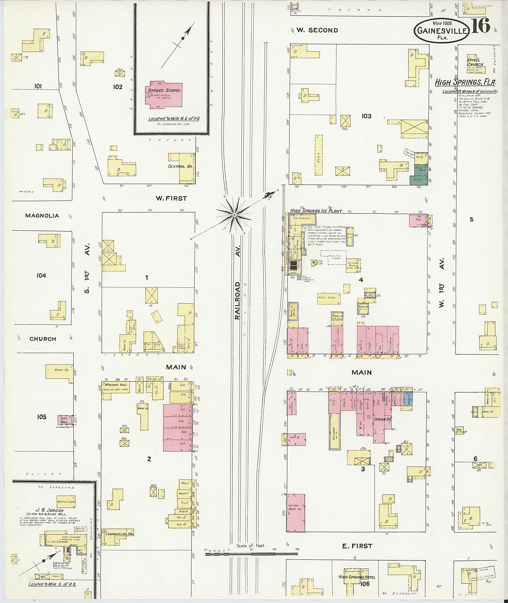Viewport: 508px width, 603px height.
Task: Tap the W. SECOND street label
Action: click(x=317, y=30)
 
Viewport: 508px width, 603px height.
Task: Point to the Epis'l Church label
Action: click(x=475, y=63)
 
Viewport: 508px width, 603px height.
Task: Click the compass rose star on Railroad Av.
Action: click(x=234, y=215)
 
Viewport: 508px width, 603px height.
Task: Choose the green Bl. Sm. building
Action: click(x=418, y=179)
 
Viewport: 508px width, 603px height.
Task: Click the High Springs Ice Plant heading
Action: click(x=316, y=211)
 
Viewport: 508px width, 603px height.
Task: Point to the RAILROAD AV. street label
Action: click(x=237, y=300)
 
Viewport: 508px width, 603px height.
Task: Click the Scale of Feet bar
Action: click(x=251, y=554)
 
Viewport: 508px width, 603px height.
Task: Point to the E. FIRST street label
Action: click(x=357, y=546)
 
